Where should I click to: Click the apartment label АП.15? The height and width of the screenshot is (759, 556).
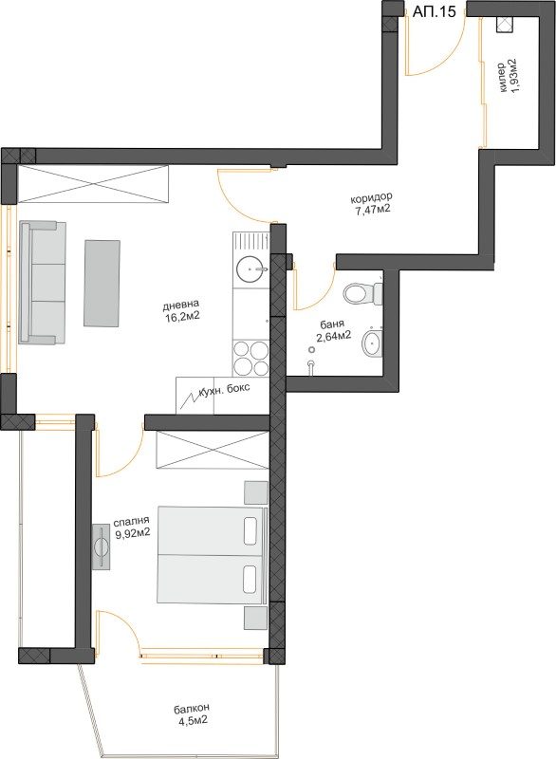(x=434, y=11)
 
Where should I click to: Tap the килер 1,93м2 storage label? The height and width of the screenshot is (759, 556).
(x=507, y=77)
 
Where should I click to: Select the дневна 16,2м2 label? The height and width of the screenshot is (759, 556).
(x=181, y=311)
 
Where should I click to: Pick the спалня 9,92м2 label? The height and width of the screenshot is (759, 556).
(x=132, y=528)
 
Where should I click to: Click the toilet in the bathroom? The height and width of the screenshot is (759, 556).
(x=363, y=293)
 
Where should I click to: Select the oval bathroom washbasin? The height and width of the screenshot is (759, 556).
(x=372, y=343)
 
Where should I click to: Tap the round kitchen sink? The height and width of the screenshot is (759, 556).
(x=251, y=268)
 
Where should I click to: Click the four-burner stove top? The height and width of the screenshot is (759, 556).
(x=250, y=359)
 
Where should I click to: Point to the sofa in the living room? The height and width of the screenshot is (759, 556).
(x=42, y=282)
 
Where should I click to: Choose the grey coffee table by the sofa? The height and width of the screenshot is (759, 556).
(x=102, y=283)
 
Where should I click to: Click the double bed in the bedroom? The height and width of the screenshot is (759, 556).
(x=212, y=555)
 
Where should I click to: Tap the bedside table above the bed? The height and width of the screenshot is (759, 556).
(x=255, y=492)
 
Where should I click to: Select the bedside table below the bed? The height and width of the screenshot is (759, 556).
(x=255, y=619)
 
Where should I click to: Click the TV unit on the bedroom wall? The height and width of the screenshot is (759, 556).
(x=102, y=546)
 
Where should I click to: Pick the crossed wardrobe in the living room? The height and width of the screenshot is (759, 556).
(x=92, y=183)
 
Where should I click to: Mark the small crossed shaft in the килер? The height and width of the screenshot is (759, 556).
(x=506, y=25)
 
